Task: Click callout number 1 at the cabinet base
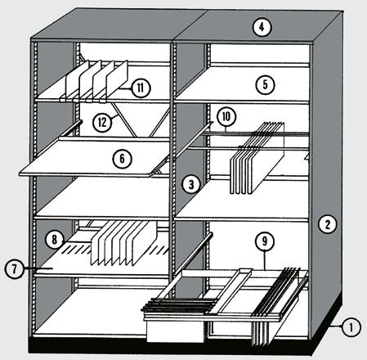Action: (351, 326)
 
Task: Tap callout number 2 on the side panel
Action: (327, 224)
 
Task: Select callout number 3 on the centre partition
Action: (191, 184)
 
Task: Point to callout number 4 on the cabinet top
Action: (262, 27)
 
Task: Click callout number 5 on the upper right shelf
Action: (265, 85)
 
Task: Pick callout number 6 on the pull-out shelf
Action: (122, 159)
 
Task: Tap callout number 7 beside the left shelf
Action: (14, 269)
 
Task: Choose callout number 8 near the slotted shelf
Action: (55, 240)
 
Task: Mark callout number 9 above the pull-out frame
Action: (265, 241)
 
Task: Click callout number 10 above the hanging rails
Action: (226, 117)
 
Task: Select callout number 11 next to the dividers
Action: (141, 88)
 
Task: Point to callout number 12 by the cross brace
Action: (102, 122)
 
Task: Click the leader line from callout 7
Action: (38, 268)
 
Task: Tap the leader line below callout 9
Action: (265, 260)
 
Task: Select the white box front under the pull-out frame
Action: (175, 331)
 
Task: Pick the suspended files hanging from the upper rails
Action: (257, 158)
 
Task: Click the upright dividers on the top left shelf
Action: (96, 79)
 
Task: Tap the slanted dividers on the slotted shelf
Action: (124, 243)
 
